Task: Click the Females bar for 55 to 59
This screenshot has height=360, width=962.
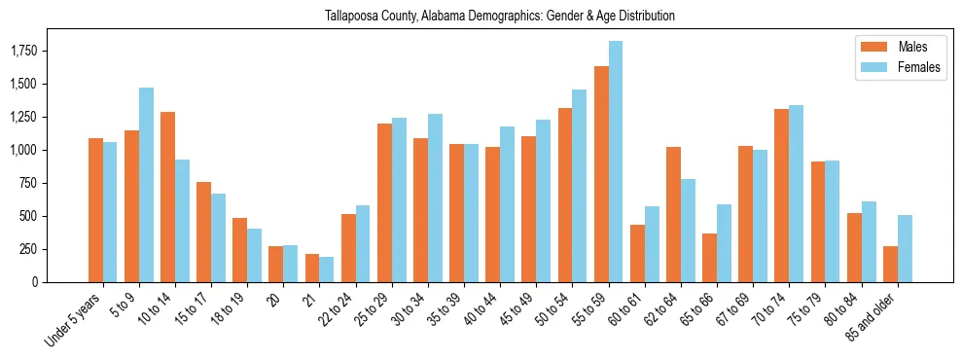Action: point(616,162)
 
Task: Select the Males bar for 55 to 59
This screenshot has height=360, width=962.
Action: point(601,174)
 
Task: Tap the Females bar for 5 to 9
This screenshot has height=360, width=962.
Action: point(146,185)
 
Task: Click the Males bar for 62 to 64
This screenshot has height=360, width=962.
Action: point(673,215)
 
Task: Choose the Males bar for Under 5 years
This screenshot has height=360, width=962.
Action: point(95,210)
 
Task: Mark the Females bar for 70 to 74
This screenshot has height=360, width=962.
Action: point(796,194)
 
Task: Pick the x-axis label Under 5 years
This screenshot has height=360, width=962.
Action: point(72,320)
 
